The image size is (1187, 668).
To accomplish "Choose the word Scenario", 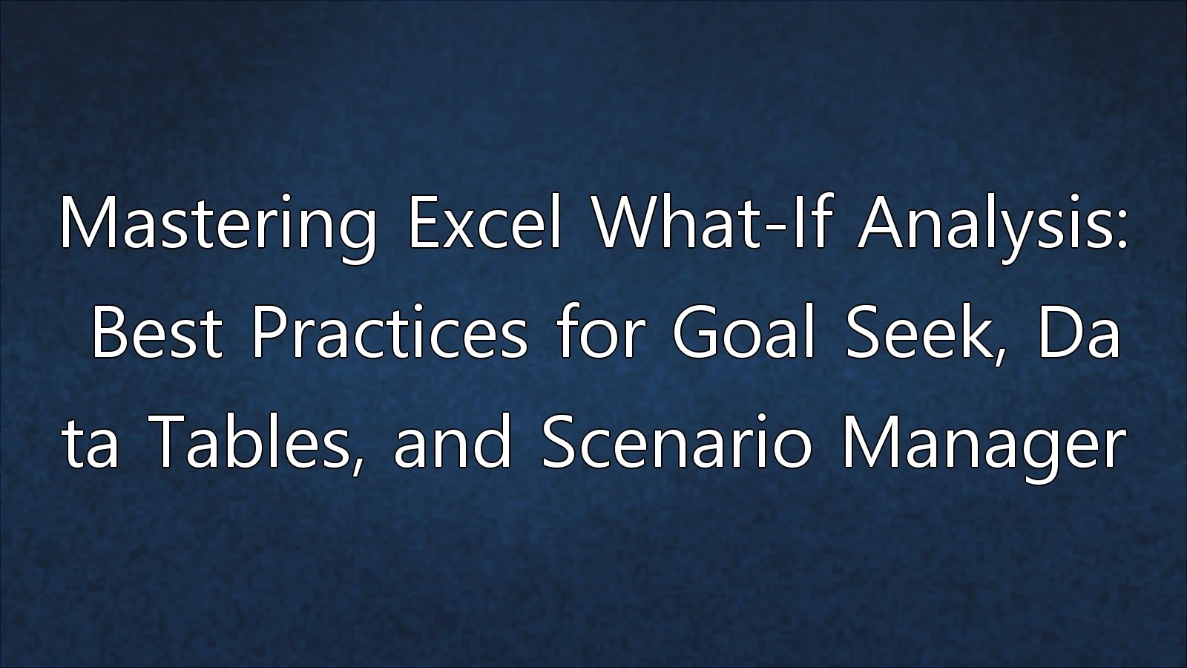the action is coord(676,442).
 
